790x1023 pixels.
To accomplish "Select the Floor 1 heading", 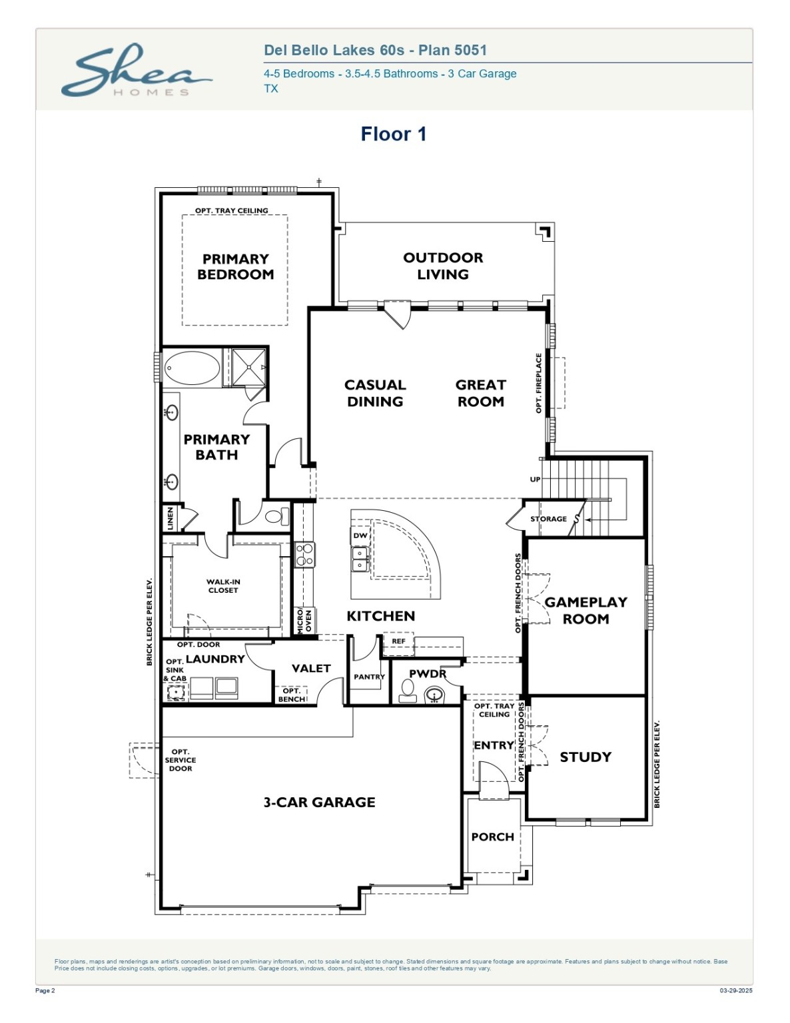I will point(393,134).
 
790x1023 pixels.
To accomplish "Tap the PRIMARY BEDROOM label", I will point(235,266).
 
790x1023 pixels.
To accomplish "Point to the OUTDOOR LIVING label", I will point(443,266).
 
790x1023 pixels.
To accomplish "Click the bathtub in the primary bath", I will point(192,368).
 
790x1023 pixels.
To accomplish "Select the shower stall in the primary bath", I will point(248,367).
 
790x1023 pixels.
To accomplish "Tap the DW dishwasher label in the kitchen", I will point(360,535).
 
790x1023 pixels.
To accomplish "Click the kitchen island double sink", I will point(360,559).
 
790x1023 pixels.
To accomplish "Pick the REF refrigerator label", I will point(398,641).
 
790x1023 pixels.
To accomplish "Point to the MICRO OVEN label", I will point(304,621).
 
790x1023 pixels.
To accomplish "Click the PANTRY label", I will point(369,677).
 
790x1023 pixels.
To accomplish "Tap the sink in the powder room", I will point(434,696).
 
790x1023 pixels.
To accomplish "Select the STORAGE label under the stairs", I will point(548,519).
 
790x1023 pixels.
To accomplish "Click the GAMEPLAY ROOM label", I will point(586,610).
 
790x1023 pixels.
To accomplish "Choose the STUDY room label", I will point(586,757).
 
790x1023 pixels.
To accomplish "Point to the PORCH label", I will point(492,837).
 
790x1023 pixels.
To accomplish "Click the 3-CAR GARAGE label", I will point(319,802).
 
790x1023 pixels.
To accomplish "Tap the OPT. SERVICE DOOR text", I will point(181,760).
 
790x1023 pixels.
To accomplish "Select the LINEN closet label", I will point(171,518).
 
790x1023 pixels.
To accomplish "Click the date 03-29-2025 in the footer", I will point(735,991).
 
